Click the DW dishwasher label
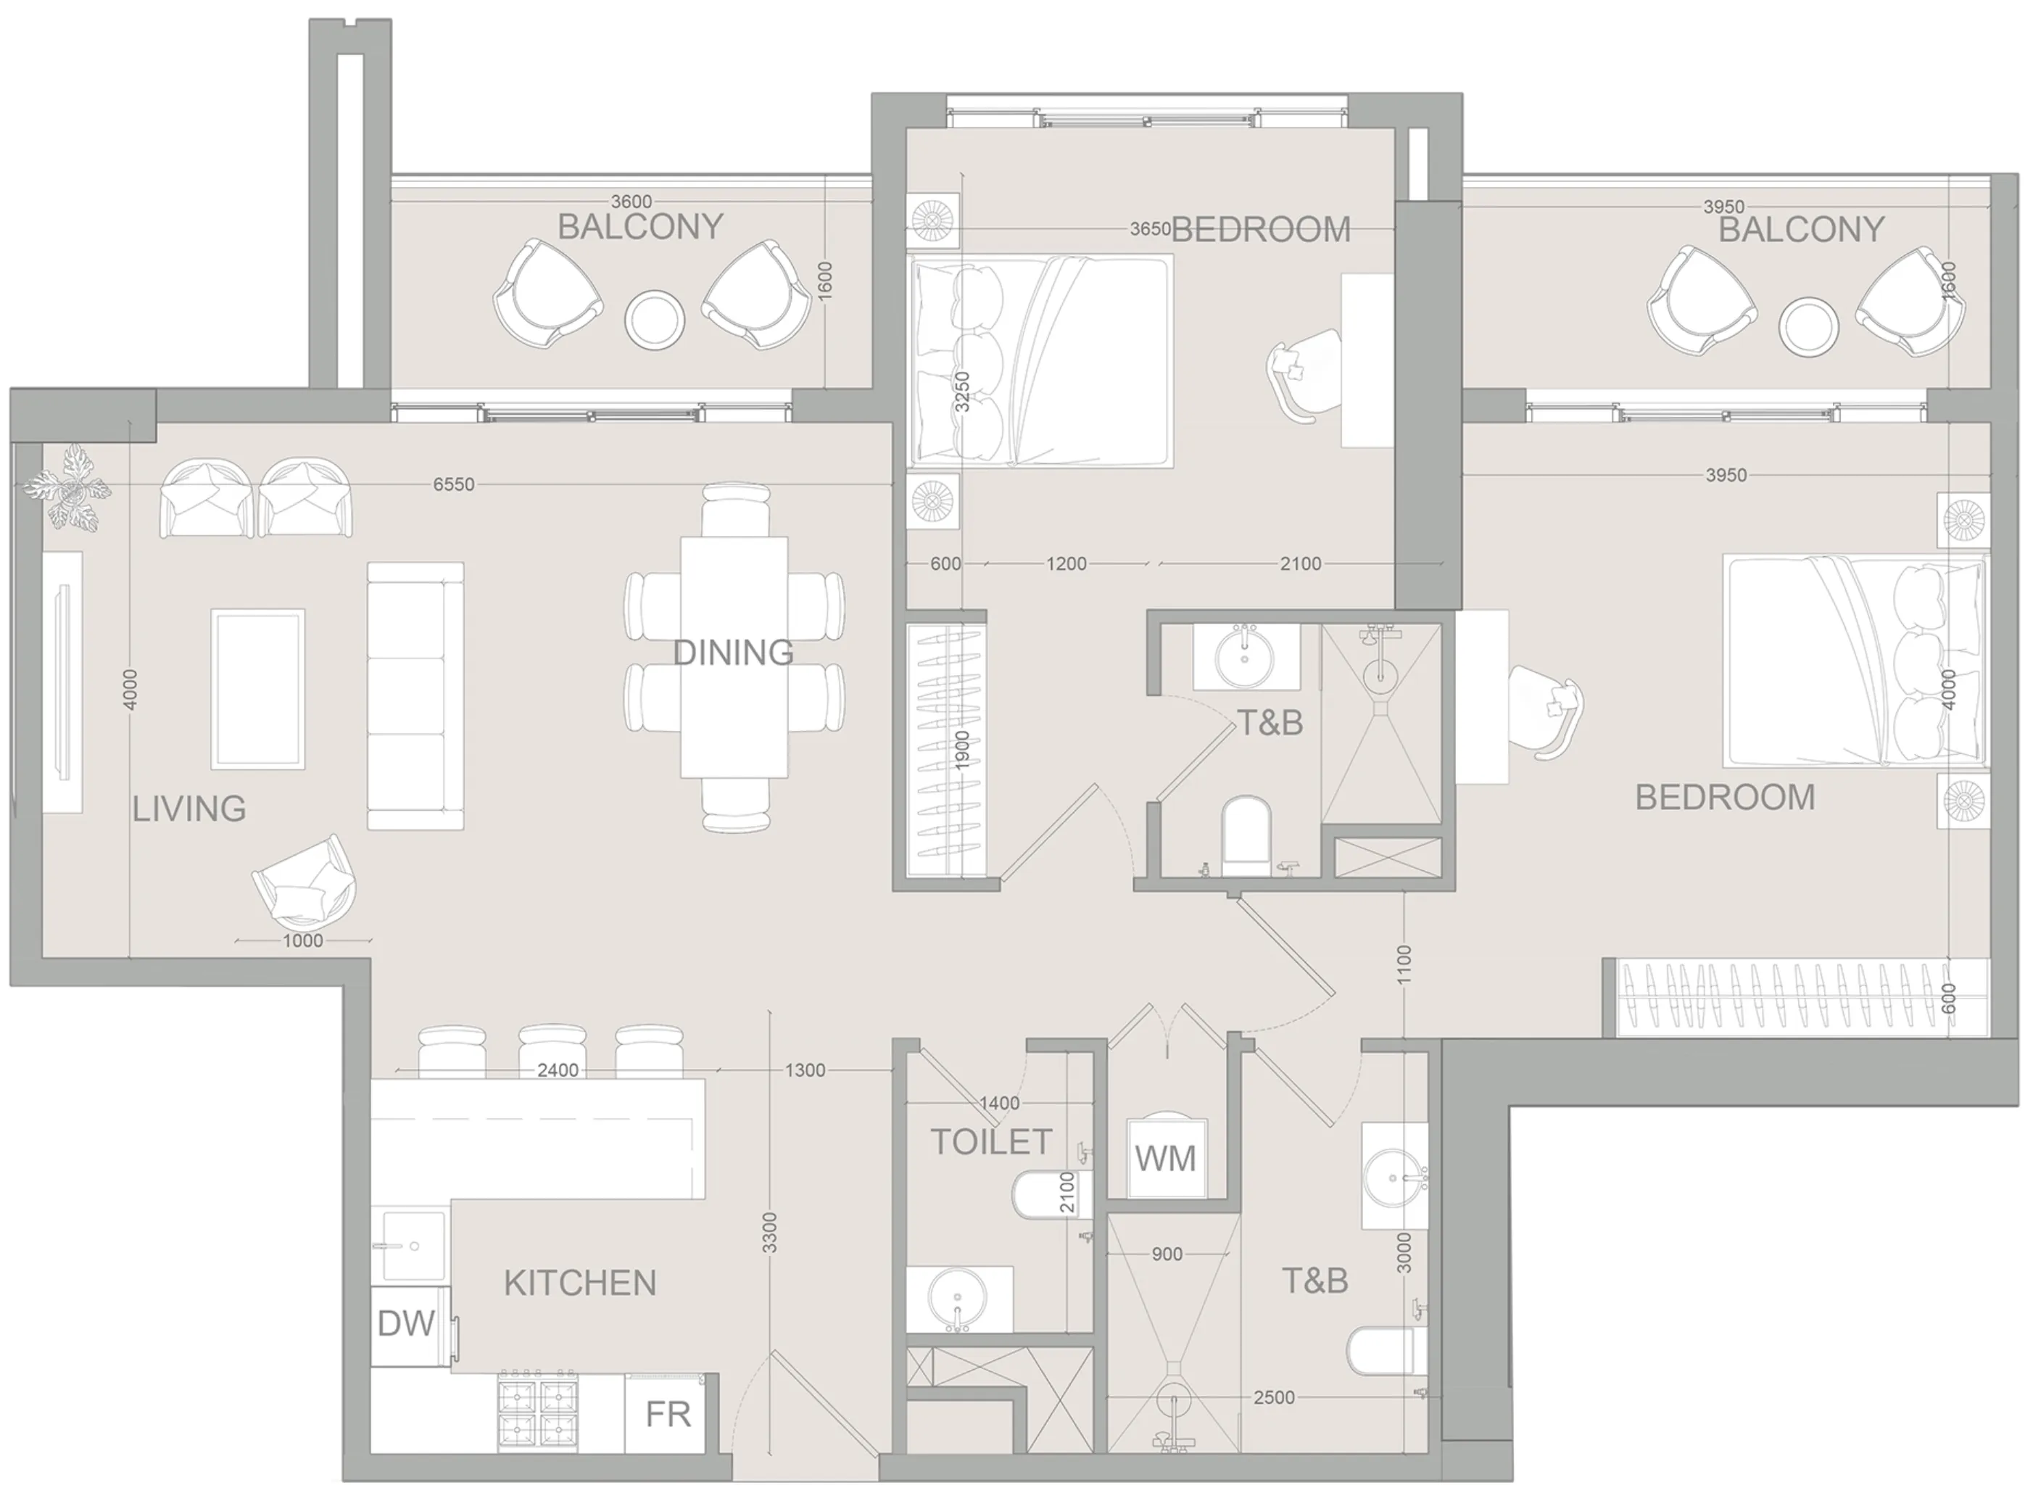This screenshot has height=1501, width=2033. click(x=406, y=1325)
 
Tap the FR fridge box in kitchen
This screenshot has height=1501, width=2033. click(x=668, y=1415)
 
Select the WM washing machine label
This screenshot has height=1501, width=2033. click(x=1165, y=1159)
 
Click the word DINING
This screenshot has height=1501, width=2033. click(x=733, y=653)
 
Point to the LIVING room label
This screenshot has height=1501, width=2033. click(x=189, y=809)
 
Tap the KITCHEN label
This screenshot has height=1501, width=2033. click(x=579, y=1283)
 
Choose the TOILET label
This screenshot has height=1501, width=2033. click(x=991, y=1142)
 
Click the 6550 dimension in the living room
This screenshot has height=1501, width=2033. click(x=453, y=485)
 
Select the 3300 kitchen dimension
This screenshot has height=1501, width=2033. click(x=769, y=1233)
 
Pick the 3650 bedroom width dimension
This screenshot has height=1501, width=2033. click(x=1149, y=230)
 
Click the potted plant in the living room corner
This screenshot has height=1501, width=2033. click(x=68, y=486)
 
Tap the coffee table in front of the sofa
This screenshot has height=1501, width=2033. click(x=258, y=689)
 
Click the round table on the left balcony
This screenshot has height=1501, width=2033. click(x=654, y=318)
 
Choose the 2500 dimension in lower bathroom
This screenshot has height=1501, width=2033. click(x=1274, y=1397)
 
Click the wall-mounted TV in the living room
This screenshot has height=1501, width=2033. click(x=62, y=682)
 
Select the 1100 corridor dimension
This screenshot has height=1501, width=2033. click(x=1404, y=965)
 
